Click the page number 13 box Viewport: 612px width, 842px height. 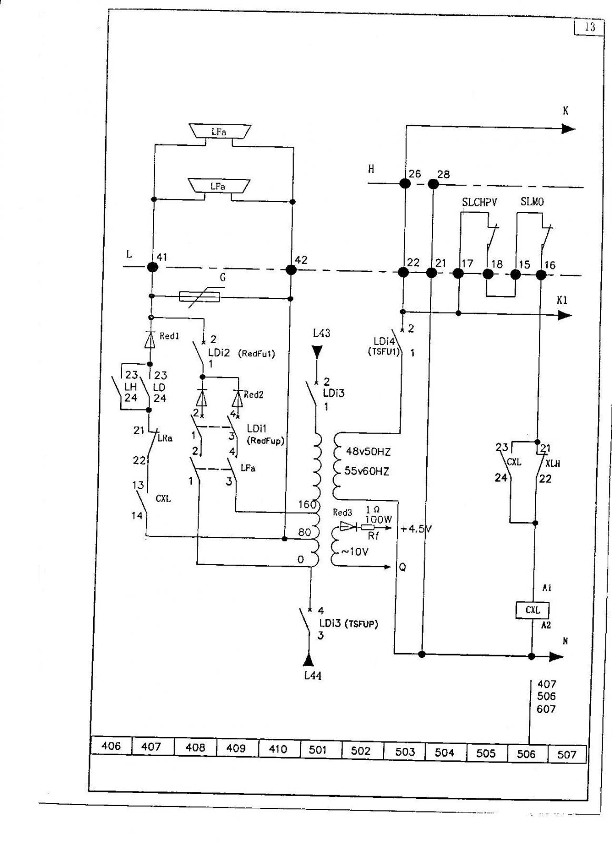pos(589,27)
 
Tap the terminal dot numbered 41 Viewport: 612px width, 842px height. pos(152,267)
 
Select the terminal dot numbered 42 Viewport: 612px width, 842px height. pos(291,269)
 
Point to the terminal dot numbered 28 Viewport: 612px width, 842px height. pos(434,184)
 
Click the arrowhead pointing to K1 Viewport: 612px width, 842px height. pos(564,315)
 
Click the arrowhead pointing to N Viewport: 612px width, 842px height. pos(557,657)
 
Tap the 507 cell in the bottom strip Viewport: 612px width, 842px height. pos(567,755)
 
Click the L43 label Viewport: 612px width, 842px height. pos(322,333)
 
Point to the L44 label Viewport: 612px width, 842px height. pos(313,676)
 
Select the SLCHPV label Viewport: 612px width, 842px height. pos(479,202)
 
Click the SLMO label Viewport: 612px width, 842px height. pos(532,202)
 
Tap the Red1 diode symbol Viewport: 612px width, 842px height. pos(151,339)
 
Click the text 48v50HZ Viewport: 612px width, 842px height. pos(368,452)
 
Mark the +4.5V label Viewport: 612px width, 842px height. pos(416,529)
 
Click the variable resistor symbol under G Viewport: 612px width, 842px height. pos(199,297)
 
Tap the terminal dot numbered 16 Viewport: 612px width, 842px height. pos(540,275)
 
